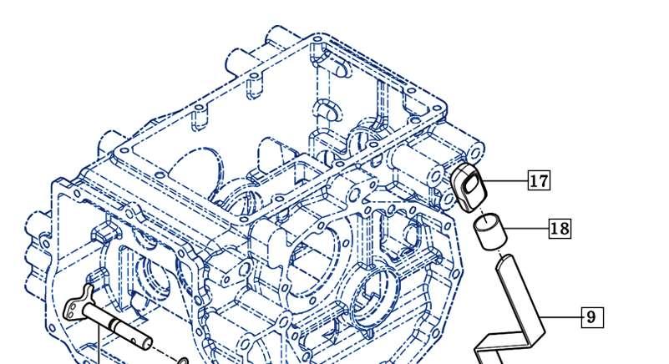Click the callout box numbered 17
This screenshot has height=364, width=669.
point(539,180)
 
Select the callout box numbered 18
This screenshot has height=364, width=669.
point(560,228)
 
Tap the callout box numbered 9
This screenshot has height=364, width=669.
point(592,317)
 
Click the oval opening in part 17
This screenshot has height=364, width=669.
point(471,185)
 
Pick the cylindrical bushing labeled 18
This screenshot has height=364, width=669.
point(490,231)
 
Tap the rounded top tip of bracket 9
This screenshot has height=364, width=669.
point(506,257)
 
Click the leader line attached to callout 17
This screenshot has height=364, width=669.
point(505,181)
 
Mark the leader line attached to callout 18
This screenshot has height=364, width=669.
point(526,229)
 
